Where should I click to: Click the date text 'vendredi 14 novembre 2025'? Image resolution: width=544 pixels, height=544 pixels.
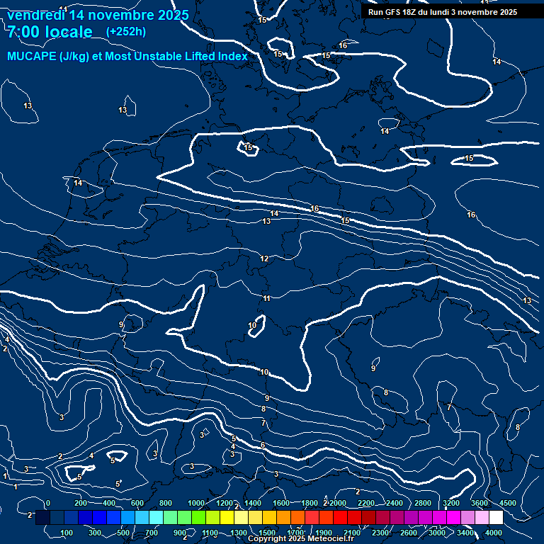click(x=98, y=15)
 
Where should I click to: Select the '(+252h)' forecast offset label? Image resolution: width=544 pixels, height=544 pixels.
click(x=126, y=31)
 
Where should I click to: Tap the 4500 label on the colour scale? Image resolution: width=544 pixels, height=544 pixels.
click(x=508, y=503)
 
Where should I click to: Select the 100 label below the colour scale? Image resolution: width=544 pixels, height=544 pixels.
click(x=67, y=533)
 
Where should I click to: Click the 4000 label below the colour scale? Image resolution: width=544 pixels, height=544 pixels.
click(x=494, y=533)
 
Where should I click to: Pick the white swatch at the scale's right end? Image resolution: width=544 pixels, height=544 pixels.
click(x=496, y=518)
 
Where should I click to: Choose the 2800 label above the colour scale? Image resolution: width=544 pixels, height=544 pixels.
click(x=422, y=503)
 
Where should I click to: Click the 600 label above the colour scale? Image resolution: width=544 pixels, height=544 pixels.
click(x=137, y=503)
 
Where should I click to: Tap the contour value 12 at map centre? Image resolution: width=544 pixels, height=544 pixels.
click(x=264, y=259)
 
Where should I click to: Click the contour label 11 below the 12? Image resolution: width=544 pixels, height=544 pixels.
click(x=267, y=299)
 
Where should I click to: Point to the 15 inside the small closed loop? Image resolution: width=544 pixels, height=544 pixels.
click(x=248, y=148)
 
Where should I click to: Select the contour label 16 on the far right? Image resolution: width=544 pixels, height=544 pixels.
click(x=471, y=215)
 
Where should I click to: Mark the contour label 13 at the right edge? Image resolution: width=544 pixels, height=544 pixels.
click(x=527, y=301)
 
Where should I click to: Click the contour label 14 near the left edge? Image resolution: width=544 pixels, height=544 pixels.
click(x=78, y=183)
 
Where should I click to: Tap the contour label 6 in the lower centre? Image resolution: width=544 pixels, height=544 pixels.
click(x=263, y=446)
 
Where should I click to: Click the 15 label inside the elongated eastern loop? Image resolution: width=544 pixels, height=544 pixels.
click(x=470, y=159)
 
